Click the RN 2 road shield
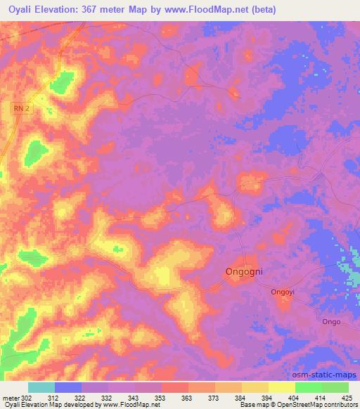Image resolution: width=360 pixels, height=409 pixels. pyautogui.click(x=23, y=108)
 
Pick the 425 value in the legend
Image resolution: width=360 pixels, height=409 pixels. pyautogui.click(x=347, y=398)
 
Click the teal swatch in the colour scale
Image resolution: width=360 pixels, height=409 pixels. pyautogui.click(x=41, y=387)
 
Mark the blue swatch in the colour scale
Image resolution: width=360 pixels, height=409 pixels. pyautogui.click(x=67, y=387)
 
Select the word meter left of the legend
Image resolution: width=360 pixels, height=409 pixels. pyautogui.click(x=11, y=398)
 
